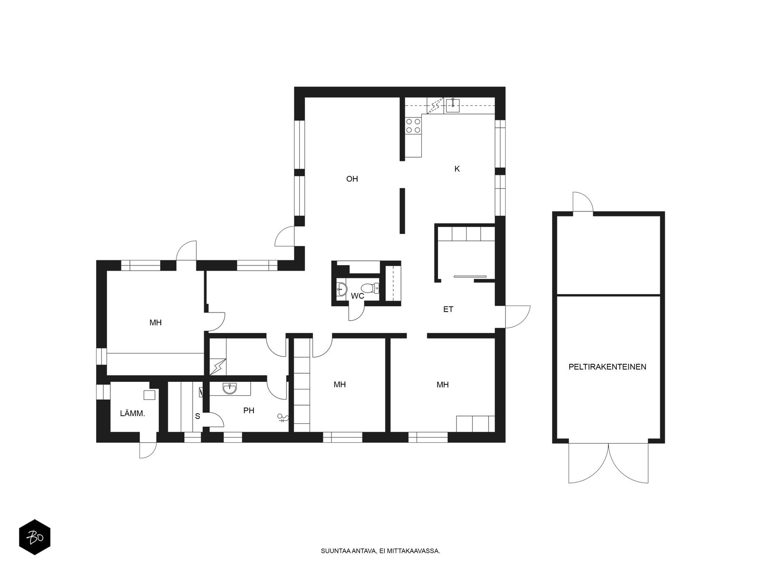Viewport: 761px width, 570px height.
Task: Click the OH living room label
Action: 352,179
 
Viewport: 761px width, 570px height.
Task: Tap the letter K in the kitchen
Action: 457,169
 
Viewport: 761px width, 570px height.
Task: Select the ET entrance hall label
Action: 448,309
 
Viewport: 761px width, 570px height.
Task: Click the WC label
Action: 358,296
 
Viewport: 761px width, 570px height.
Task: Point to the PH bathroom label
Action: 249,410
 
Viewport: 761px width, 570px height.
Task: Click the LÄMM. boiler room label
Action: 132,413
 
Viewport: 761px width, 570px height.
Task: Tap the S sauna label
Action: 197,416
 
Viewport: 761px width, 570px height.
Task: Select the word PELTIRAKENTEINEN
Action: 607,367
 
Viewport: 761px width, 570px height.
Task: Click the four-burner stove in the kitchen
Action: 413,125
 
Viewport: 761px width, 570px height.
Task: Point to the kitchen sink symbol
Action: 453,105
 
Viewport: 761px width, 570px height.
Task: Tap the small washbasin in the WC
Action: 341,289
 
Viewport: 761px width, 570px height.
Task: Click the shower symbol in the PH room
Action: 283,418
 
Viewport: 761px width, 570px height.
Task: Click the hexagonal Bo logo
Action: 35,537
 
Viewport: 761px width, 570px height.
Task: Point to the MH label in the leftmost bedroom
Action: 156,323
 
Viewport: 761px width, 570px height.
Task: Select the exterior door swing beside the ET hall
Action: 518,317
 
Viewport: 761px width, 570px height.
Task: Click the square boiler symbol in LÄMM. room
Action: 149,395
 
